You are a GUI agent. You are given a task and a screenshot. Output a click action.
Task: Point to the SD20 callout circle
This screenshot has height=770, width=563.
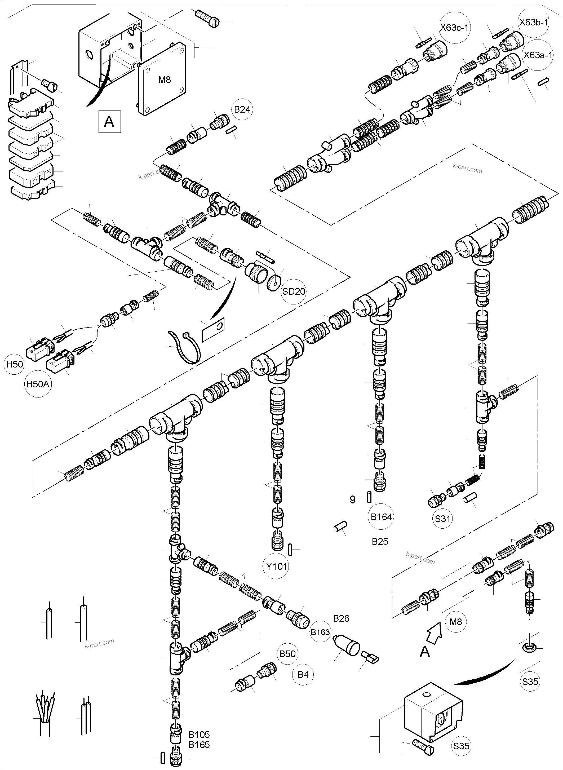[x=294, y=291]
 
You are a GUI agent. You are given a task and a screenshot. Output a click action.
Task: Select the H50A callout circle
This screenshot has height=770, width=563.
[x=38, y=384]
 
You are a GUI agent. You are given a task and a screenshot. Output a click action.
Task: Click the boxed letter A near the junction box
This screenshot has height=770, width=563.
[x=109, y=121]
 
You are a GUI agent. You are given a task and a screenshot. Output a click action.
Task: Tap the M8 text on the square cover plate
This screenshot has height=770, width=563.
[x=165, y=80]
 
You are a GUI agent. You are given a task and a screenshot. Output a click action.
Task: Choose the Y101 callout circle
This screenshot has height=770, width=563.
[x=276, y=566]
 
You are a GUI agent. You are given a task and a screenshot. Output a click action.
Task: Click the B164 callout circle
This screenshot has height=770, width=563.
[x=381, y=517]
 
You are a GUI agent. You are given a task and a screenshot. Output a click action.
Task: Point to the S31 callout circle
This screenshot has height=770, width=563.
[x=443, y=519]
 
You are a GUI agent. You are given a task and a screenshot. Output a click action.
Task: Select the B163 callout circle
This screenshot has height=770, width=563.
[x=320, y=632]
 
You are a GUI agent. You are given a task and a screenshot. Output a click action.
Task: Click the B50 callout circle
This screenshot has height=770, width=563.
[x=287, y=654]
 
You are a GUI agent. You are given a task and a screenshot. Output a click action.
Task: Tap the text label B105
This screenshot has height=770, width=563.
[x=199, y=734]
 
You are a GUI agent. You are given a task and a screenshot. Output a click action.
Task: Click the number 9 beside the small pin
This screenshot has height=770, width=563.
[x=353, y=500]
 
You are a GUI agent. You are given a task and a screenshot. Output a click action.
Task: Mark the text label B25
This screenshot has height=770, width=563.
[x=380, y=542]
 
